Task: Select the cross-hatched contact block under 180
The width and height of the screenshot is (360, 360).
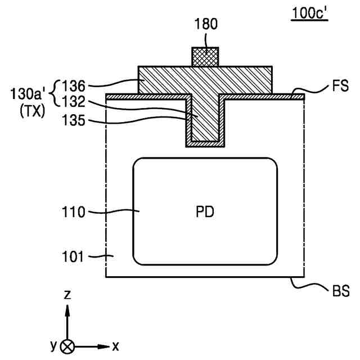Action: pyautogui.click(x=205, y=56)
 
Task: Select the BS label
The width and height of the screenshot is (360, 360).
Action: pyautogui.click(x=340, y=292)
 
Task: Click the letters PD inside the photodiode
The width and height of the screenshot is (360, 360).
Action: pyautogui.click(x=205, y=213)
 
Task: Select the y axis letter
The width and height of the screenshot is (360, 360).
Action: pyautogui.click(x=53, y=344)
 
